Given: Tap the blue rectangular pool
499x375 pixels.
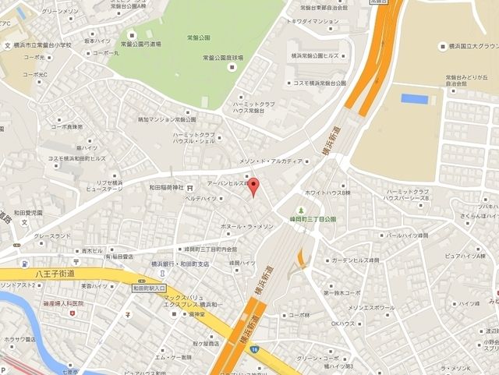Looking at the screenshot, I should tap(415, 99).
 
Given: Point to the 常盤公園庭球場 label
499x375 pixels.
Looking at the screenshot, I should tap(225, 57).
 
